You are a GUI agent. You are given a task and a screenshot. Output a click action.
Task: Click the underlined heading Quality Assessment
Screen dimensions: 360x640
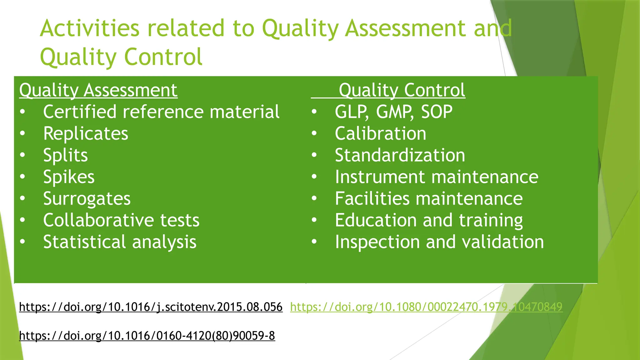click(98, 90)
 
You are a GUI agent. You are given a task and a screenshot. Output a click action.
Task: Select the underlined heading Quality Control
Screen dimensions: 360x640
click(402, 90)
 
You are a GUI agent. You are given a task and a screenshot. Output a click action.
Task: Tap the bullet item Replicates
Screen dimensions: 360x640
click(86, 134)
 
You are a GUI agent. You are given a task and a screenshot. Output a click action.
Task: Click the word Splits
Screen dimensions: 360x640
click(66, 155)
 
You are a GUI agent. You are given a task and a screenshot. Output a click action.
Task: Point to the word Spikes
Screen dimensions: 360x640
click(69, 177)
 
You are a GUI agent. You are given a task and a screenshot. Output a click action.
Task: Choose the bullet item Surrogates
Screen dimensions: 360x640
click(87, 199)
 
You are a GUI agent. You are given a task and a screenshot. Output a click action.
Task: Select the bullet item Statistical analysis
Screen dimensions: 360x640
click(120, 242)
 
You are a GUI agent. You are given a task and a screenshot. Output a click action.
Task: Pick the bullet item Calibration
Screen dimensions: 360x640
click(380, 134)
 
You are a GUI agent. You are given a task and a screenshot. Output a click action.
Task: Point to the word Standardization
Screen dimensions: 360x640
click(400, 155)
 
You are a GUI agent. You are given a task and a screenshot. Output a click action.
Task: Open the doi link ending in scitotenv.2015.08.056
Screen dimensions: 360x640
click(151, 307)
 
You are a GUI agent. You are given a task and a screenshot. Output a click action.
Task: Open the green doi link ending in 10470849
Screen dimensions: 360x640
click(426, 307)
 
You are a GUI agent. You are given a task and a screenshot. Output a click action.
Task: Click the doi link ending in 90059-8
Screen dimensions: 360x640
click(147, 336)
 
